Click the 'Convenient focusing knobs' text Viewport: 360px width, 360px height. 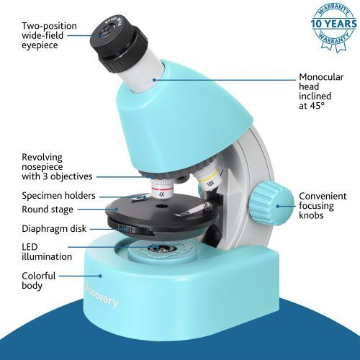click(323, 206)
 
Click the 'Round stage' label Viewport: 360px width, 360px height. click(47, 210)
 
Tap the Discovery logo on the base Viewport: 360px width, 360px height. click(102, 301)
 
